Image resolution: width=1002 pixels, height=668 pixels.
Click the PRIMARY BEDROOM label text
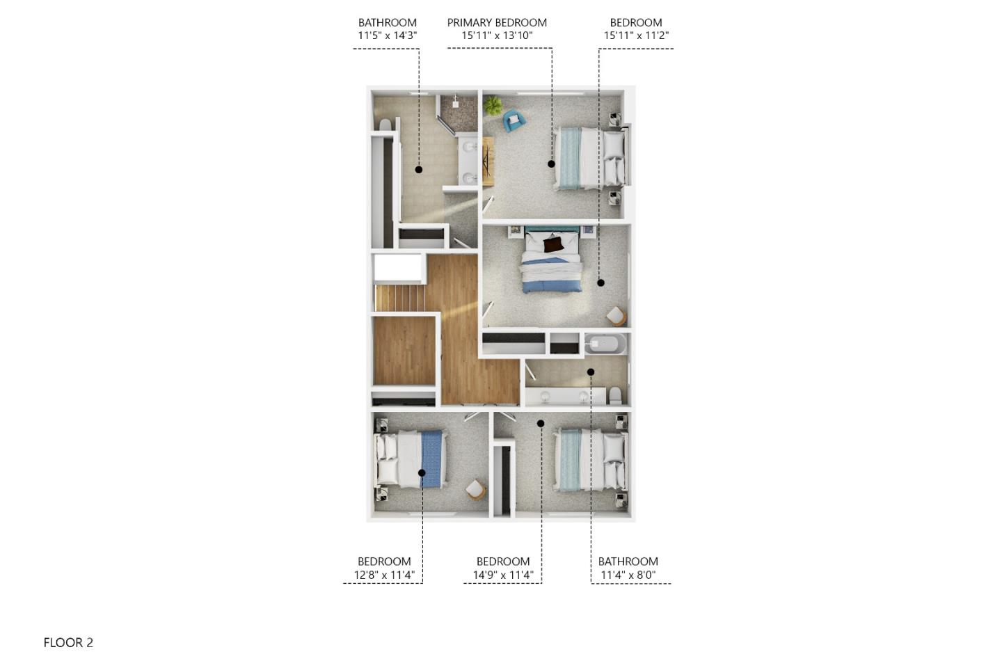497,22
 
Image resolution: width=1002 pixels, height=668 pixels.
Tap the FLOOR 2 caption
68,642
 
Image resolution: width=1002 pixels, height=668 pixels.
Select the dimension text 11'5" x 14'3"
388,35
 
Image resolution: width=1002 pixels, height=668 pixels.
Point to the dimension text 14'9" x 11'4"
503,575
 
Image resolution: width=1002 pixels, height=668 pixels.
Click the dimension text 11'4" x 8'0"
628,575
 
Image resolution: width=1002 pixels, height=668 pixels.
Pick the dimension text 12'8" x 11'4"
384,575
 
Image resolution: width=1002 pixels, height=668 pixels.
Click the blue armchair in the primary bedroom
514,120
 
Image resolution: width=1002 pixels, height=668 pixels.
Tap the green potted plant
493,106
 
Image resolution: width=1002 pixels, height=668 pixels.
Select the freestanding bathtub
605,344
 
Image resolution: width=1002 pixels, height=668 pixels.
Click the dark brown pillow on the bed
553,245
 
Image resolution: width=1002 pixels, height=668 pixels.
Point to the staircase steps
399,299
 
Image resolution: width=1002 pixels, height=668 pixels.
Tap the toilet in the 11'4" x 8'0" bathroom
616,396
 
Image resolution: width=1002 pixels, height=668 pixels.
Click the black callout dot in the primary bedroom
551,164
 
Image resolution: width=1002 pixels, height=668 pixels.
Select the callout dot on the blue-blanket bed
422,473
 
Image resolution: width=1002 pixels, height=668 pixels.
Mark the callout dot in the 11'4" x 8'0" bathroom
591,372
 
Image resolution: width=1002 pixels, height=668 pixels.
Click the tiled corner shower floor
459,113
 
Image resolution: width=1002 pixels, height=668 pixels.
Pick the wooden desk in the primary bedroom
488,161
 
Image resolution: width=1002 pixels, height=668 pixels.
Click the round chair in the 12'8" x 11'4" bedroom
475,491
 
